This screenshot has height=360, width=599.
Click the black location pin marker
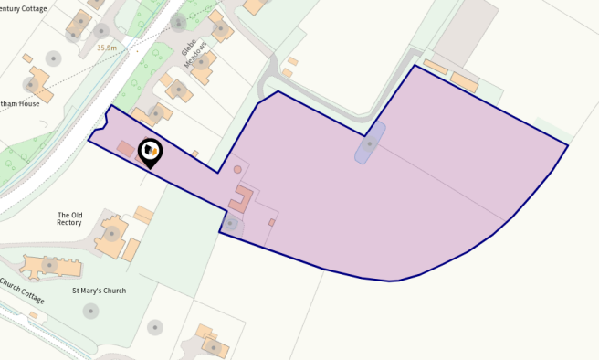tap(150, 152)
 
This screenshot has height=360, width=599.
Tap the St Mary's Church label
tap(99, 291)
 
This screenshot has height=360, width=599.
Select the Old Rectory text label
tap(69, 219)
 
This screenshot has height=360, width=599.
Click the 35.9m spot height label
tap(107, 48)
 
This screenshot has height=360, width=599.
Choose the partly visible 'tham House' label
tap(20, 103)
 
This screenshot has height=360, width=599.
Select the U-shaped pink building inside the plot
tap(242, 198)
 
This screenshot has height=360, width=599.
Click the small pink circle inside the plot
tap(237, 169)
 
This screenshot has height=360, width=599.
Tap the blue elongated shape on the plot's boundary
tap(370, 143)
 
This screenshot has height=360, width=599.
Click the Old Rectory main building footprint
tap(112, 237)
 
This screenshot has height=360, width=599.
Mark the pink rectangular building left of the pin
tap(125, 148)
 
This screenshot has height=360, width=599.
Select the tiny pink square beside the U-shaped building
tap(271, 222)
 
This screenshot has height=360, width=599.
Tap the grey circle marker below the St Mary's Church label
tap(90, 311)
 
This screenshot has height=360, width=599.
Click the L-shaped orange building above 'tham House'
tap(38, 80)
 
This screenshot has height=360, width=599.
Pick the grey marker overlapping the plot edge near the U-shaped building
tap(231, 223)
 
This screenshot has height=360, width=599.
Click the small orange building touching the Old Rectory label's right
tap(142, 215)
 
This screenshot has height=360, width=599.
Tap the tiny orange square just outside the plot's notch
tap(195, 154)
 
